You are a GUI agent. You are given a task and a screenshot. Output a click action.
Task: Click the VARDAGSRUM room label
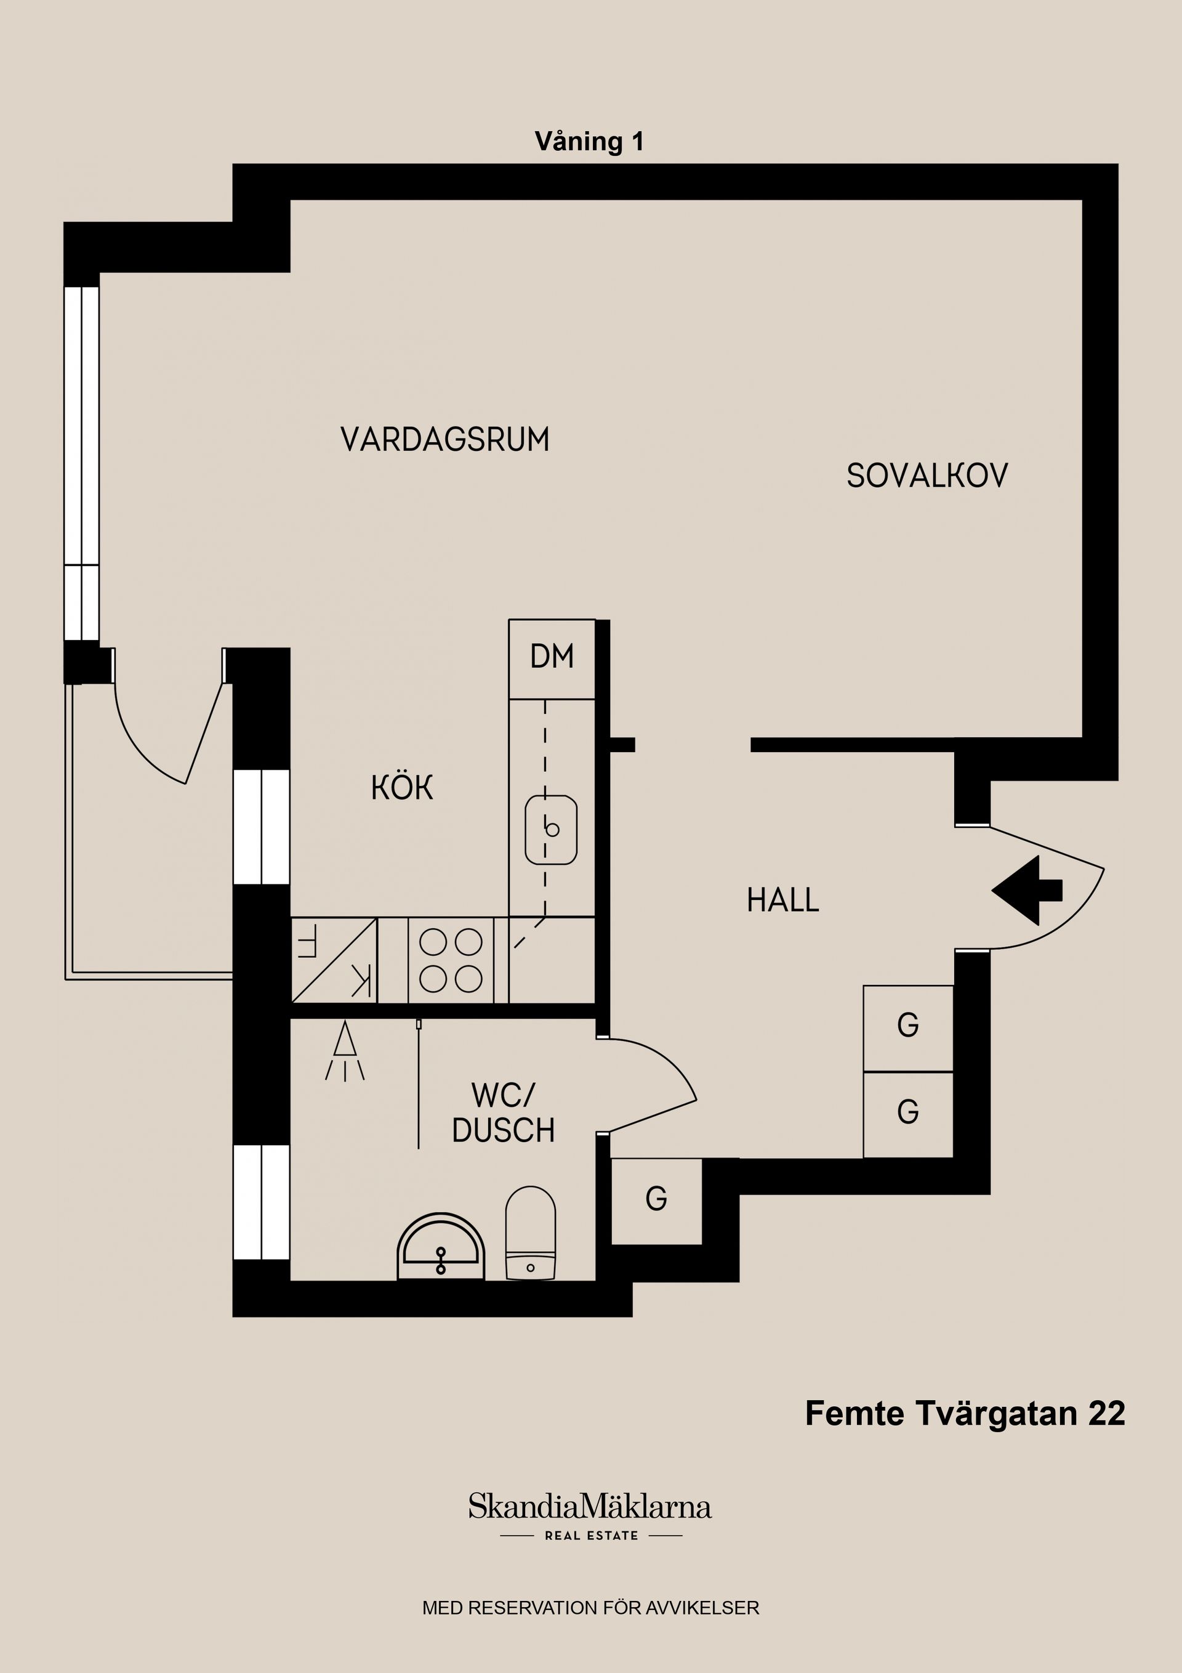click(x=444, y=440)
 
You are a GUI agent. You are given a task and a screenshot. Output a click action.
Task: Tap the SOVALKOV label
click(x=927, y=476)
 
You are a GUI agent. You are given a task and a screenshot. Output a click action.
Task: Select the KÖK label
click(x=402, y=788)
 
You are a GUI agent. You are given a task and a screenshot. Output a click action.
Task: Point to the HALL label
click(x=783, y=901)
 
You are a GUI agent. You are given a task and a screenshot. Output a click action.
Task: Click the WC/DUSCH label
click(x=503, y=1112)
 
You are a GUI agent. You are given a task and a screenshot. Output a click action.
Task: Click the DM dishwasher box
click(x=552, y=658)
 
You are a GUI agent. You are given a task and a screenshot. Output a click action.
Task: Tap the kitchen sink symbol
click(x=552, y=830)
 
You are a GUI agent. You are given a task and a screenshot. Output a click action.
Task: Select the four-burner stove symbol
click(x=450, y=960)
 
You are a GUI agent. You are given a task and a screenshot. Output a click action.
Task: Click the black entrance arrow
click(x=1027, y=891)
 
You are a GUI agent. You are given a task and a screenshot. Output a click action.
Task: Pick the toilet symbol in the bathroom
click(x=530, y=1234)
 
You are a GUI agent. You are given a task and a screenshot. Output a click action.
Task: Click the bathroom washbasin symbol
click(x=441, y=1248)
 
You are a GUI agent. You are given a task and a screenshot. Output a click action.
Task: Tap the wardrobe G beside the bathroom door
click(x=656, y=1199)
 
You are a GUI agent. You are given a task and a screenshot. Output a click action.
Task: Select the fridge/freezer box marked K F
click(x=334, y=960)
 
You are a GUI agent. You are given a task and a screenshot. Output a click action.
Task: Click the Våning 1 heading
click(x=589, y=141)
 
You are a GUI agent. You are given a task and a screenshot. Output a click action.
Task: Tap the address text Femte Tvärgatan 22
click(x=964, y=1414)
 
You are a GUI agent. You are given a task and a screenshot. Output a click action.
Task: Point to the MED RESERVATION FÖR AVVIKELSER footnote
click(x=590, y=1608)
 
